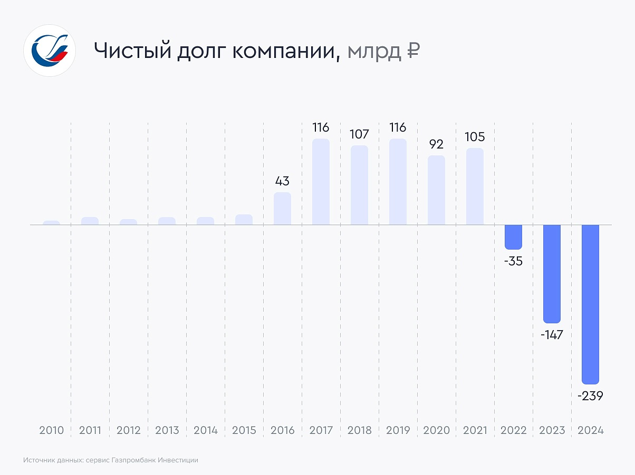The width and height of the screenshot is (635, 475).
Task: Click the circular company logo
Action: pos(50,51)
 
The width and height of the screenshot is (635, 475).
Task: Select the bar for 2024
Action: pos(590,304)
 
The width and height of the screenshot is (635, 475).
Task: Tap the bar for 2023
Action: pos(552,273)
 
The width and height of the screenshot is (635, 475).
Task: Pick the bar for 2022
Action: pos(513,237)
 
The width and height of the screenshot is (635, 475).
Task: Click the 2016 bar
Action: pos(282,209)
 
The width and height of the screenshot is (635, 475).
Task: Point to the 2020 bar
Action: pos(436,190)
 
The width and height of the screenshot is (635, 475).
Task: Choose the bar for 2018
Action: pos(359,185)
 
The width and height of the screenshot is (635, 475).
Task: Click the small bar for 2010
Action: pos(52,223)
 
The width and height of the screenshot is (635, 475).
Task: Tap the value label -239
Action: pos(590,396)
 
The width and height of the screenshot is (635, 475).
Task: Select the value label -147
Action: pos(552,334)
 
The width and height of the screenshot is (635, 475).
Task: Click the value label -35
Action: pos(513,261)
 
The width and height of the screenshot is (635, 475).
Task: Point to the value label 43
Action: pos(282,181)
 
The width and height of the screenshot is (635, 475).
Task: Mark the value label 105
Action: pos(475,137)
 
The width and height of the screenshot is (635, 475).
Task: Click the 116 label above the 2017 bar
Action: pos(321,127)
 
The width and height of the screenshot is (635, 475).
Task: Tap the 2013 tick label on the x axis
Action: pos(167,430)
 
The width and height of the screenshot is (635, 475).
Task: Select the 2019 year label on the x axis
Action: pos(398,430)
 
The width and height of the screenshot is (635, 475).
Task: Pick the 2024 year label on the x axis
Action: pos(590,430)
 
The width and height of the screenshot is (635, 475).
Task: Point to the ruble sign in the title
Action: pos(413,51)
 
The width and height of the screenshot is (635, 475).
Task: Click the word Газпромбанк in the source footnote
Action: pos(134,460)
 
